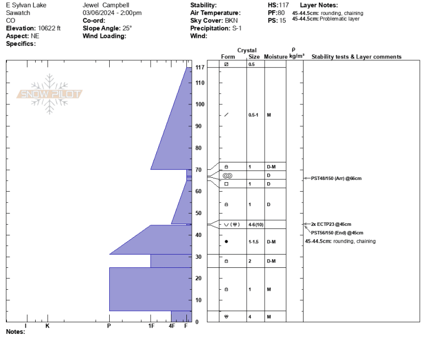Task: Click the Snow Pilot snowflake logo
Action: [x=50, y=94]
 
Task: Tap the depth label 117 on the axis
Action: [x=200, y=68]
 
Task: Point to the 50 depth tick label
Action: [x=199, y=213]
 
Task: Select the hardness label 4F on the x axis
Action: [x=171, y=326]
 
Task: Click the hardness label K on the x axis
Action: [x=47, y=326]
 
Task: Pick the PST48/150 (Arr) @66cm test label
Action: [x=336, y=178]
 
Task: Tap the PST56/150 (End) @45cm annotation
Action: [x=337, y=233]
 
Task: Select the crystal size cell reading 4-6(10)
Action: [x=256, y=225]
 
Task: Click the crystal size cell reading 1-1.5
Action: [x=253, y=242]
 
